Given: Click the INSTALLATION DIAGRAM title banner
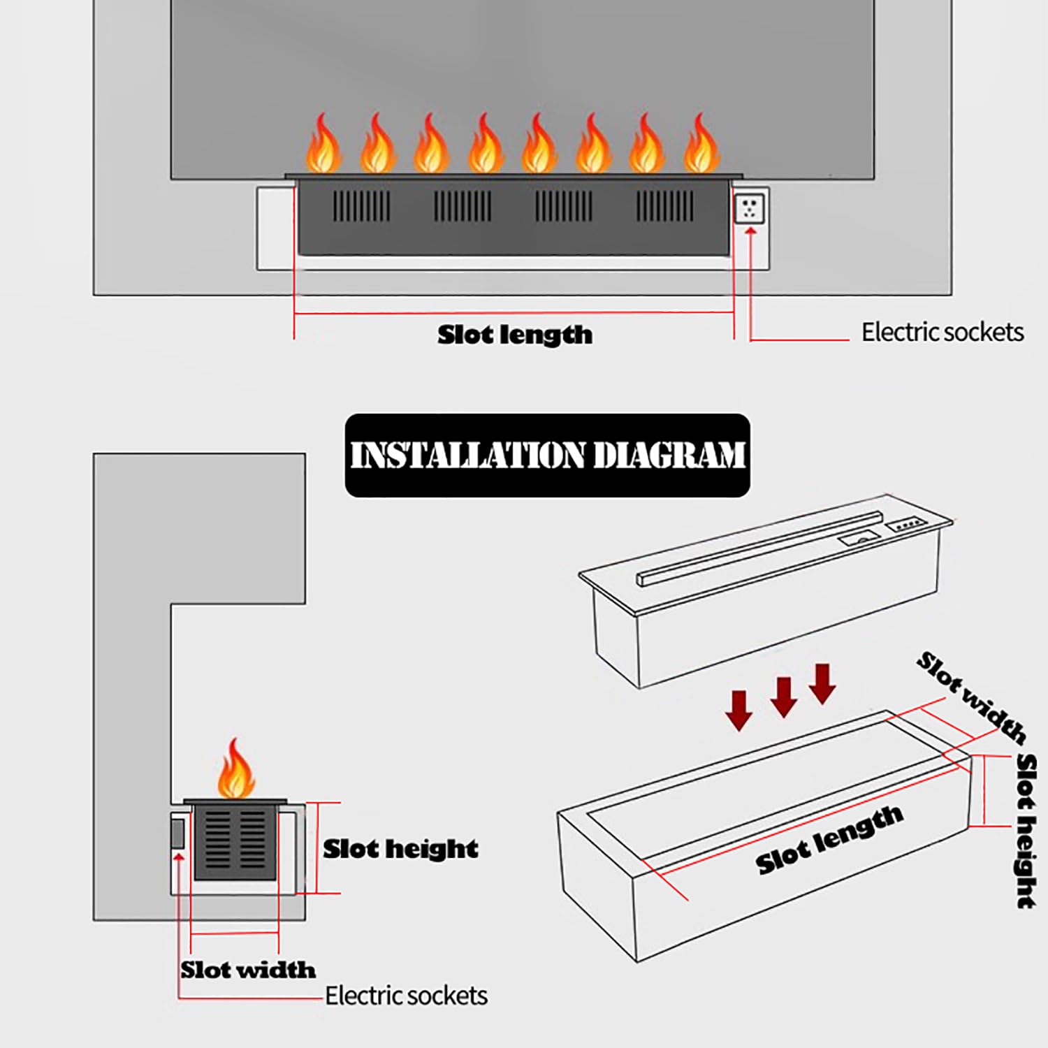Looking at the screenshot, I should (547, 455).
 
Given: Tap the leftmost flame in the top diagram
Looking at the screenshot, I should (323, 145).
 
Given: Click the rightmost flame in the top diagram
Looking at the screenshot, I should (701, 145).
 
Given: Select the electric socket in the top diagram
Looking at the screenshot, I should (750, 208).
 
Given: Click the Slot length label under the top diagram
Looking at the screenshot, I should (515, 335).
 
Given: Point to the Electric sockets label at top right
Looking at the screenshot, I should (942, 332).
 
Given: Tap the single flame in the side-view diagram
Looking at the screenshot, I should (235, 770).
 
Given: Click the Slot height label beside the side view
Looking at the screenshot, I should (400, 849).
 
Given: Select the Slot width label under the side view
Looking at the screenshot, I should (248, 970).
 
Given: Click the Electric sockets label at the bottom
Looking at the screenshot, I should (406, 996).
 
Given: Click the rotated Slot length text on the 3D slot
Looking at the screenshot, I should (829, 839).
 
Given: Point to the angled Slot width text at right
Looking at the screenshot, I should (971, 696).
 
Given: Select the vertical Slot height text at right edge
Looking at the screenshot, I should (1026, 830).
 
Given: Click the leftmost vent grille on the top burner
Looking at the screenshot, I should (361, 206).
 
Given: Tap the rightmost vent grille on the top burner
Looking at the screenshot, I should (664, 206).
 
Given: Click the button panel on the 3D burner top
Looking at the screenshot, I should (906, 523).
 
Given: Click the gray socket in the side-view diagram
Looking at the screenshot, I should (177, 834).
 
